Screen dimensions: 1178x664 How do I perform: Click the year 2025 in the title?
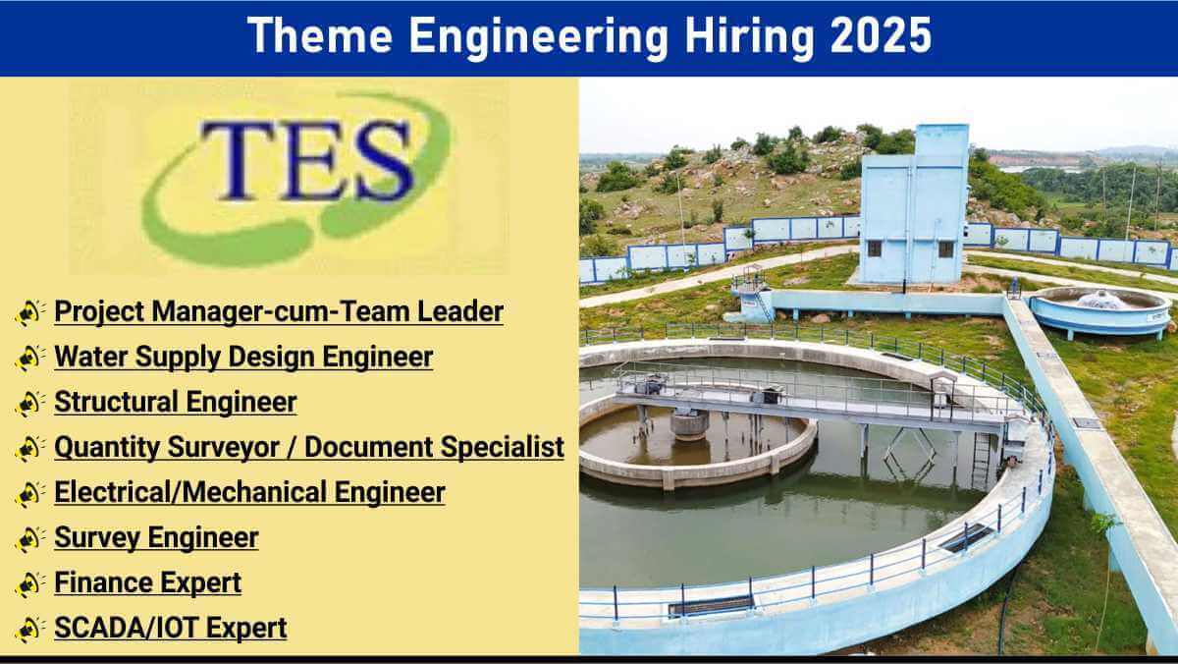[x=881, y=35]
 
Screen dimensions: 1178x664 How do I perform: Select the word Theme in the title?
[x=320, y=35]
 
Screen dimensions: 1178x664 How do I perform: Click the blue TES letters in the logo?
[x=306, y=160]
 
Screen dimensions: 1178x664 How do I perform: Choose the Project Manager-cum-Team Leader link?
[x=279, y=311]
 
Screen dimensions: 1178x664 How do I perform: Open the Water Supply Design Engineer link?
[x=243, y=357]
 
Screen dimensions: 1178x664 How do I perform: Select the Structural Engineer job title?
[x=176, y=402]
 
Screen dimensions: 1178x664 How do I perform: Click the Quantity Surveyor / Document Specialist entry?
[x=309, y=447]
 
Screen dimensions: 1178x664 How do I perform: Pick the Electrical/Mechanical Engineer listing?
[x=249, y=492]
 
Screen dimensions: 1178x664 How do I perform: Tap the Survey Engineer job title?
[x=156, y=537]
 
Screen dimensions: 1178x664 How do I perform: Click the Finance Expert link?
[x=148, y=583]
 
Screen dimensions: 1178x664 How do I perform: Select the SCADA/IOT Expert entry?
[x=171, y=628]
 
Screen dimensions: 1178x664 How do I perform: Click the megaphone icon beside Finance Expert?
[x=29, y=584]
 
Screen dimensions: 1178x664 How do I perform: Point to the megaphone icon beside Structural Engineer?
[x=29, y=403]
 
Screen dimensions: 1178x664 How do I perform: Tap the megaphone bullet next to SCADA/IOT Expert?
[x=29, y=630]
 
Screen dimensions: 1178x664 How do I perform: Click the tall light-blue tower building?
[x=914, y=205]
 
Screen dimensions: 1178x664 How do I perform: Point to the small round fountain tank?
[x=1100, y=311]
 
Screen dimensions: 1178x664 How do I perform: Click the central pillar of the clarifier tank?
[x=689, y=424]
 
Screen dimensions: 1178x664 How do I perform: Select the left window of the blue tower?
[x=874, y=249]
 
